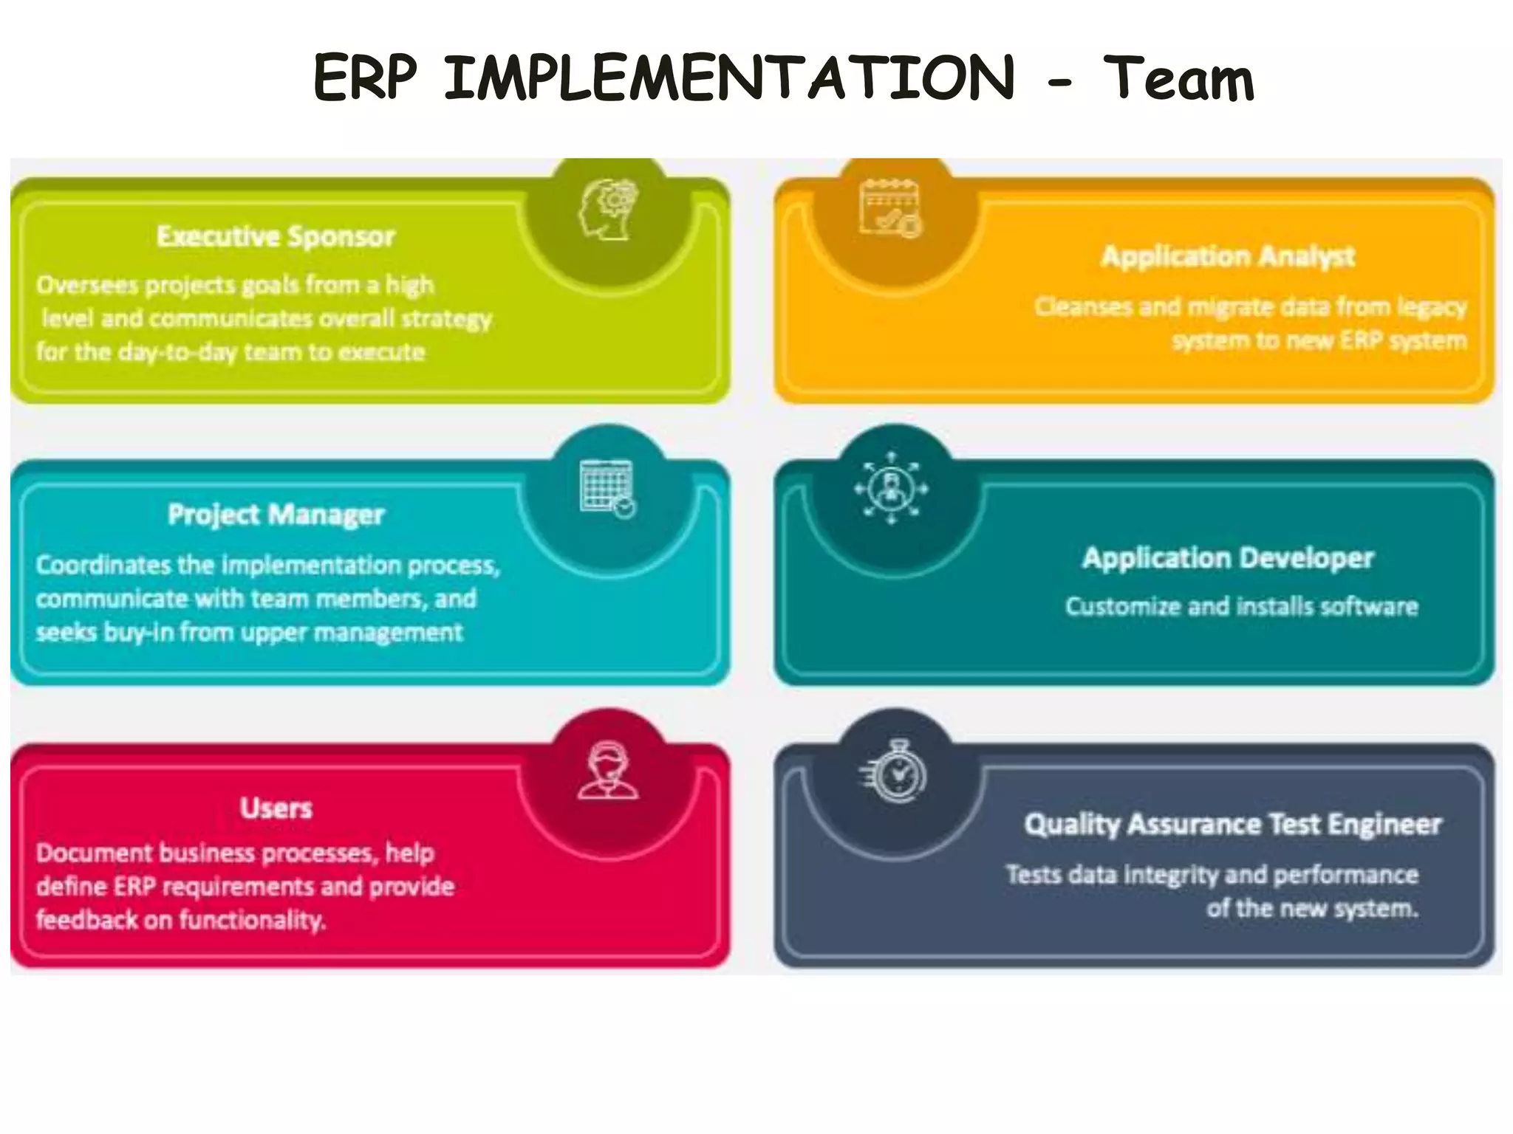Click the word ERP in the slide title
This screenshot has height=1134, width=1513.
click(x=365, y=78)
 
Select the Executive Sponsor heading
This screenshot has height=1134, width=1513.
click(x=276, y=236)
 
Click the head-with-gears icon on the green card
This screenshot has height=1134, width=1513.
click(x=608, y=210)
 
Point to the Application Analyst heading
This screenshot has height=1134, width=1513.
click(x=1228, y=256)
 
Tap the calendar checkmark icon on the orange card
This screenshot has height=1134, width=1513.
click(x=891, y=209)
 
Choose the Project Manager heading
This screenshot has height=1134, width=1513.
click(x=276, y=515)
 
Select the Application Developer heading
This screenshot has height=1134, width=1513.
click(x=1228, y=558)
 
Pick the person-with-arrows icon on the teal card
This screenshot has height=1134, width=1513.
click(x=891, y=488)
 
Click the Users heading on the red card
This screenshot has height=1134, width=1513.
click(x=276, y=808)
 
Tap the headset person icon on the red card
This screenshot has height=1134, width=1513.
click(x=607, y=772)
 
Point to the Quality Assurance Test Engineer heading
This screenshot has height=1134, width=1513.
click(x=1232, y=824)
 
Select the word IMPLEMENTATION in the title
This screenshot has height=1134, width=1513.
click(x=729, y=78)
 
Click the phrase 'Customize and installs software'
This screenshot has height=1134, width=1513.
click(x=1241, y=607)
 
